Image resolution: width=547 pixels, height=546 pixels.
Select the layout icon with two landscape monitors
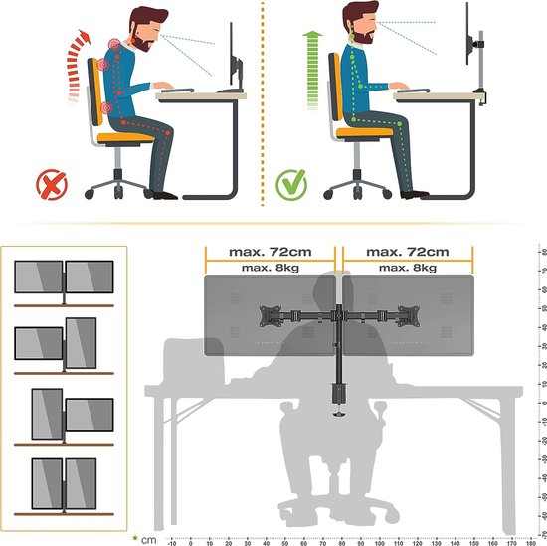[x=65, y=278]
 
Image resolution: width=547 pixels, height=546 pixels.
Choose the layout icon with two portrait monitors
[x=65, y=477]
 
